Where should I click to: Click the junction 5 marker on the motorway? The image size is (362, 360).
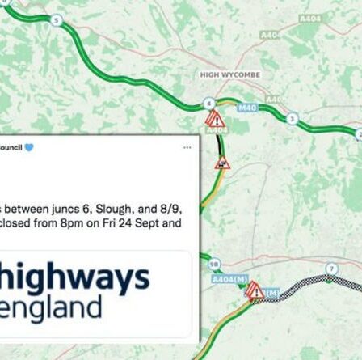pos(55,19)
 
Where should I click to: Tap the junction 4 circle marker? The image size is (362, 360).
pos(209,103)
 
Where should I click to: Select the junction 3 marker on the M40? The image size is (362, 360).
pos(292,119)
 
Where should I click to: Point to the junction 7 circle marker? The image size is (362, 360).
pos(330,269)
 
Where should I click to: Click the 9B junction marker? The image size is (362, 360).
pos(213,263)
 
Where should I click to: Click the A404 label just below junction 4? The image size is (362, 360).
pos(216,129)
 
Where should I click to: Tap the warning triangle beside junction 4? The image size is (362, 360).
pos(214,120)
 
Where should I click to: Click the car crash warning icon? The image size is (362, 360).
pos(221,163)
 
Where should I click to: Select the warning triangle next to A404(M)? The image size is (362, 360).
pos(254,289)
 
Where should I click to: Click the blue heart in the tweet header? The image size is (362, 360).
pos(29,147)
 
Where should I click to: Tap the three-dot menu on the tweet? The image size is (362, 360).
pos(187,147)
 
